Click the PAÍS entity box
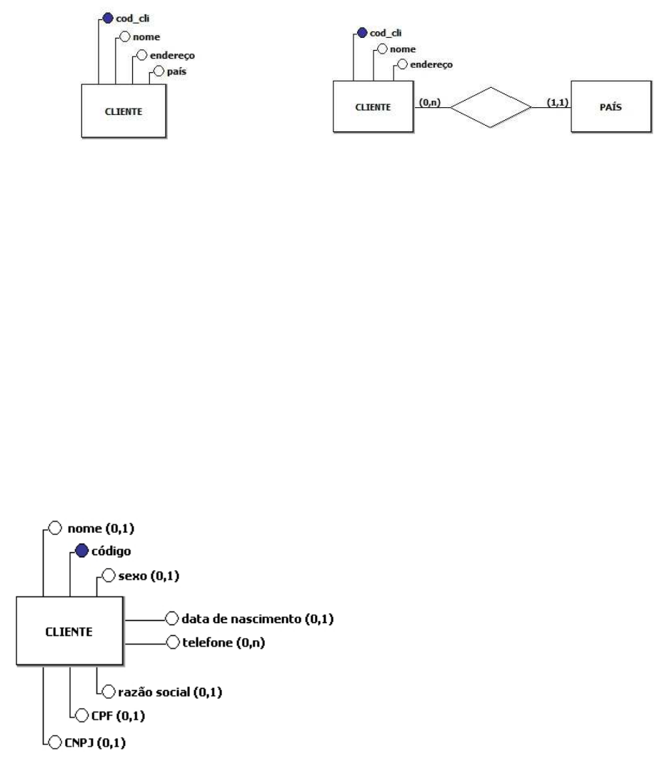click(610, 108)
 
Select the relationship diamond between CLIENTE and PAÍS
click(491, 108)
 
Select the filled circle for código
click(80, 552)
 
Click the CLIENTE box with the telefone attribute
click(69, 632)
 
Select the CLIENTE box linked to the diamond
click(373, 108)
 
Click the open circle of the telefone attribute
click(171, 642)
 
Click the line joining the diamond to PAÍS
click(551, 108)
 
